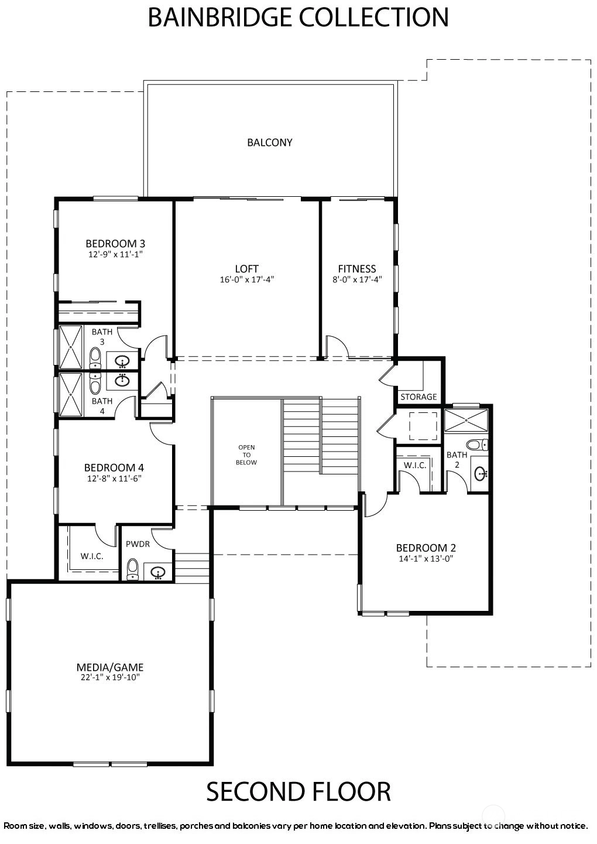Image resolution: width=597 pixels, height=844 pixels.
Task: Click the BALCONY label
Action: pyautogui.click(x=269, y=142)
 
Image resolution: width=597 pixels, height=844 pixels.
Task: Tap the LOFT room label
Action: pyautogui.click(x=246, y=269)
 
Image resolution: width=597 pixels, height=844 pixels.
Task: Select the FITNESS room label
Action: pyautogui.click(x=357, y=269)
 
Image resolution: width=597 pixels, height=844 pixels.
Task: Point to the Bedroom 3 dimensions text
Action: pyautogui.click(x=115, y=254)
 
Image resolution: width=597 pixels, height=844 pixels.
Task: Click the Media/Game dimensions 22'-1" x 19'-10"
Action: pyautogui.click(x=110, y=677)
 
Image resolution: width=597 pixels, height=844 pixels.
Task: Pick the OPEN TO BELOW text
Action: pyautogui.click(x=246, y=455)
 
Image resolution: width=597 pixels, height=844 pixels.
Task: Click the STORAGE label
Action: pyautogui.click(x=418, y=397)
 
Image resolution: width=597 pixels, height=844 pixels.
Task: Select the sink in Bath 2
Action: pyautogui.click(x=481, y=474)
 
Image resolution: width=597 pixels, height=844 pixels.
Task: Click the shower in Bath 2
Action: pyautogui.click(x=466, y=420)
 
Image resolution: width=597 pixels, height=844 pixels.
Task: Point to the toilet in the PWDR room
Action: pyautogui.click(x=132, y=569)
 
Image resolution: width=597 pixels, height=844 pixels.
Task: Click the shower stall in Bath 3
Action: pyautogui.click(x=71, y=347)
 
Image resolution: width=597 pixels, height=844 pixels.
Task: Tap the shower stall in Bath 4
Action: pyautogui.click(x=71, y=395)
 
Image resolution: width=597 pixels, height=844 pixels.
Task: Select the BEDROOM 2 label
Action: pyautogui.click(x=426, y=548)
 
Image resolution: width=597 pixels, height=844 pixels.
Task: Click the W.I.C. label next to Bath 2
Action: pyautogui.click(x=415, y=465)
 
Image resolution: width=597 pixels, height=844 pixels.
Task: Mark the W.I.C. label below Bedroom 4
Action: pyautogui.click(x=92, y=556)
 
